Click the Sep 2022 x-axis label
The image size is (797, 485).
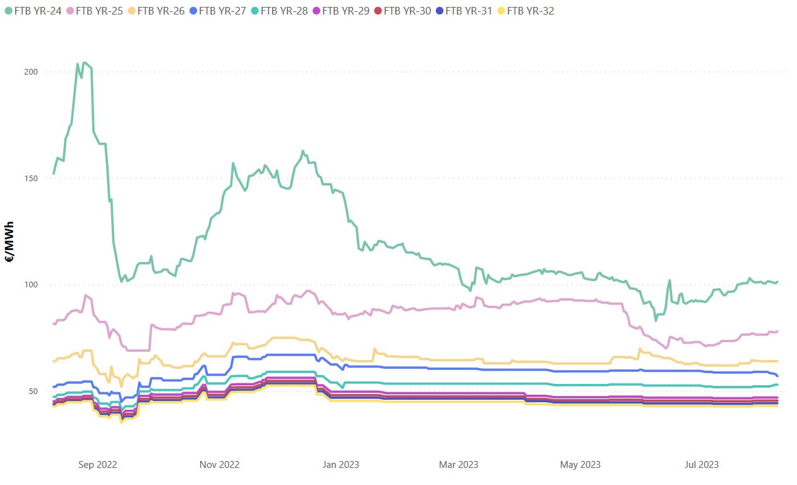click(x=98, y=465)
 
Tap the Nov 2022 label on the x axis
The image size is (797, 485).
click(x=220, y=465)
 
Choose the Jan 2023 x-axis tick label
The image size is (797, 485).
click(x=341, y=465)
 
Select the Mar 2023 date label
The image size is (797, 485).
click(x=459, y=465)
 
